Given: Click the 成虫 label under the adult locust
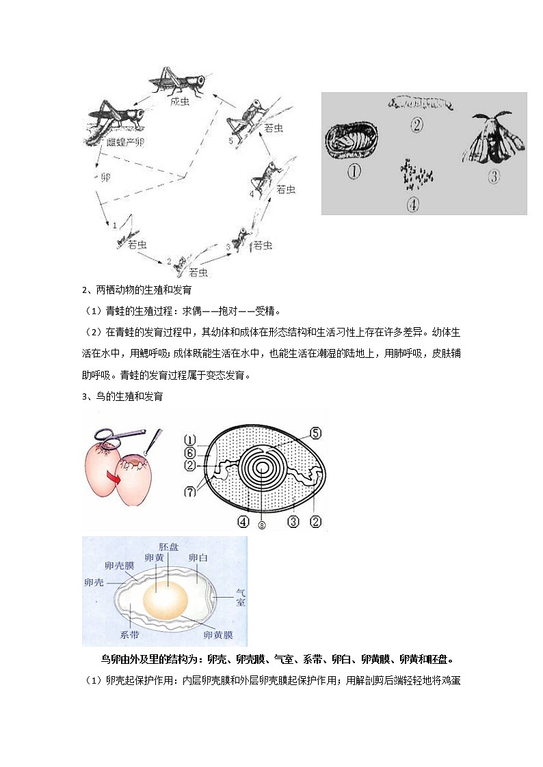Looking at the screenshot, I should tap(180, 101).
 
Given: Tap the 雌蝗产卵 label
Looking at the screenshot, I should tap(125, 141).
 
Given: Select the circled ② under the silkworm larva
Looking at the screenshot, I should tap(418, 124).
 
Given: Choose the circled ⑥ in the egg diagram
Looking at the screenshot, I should tap(190, 453).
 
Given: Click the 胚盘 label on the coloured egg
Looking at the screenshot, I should tap(168, 548).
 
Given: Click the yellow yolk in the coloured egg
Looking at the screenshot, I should tap(165, 599).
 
